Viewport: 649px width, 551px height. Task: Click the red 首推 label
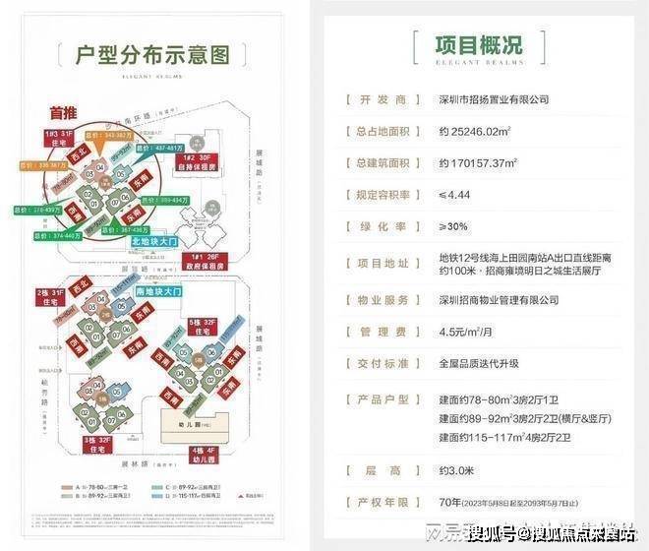pyautogui.click(x=65, y=112)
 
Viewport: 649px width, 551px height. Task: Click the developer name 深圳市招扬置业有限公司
pyautogui.click(x=493, y=99)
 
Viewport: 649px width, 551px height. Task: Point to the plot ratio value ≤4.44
pyautogui.click(x=455, y=194)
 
